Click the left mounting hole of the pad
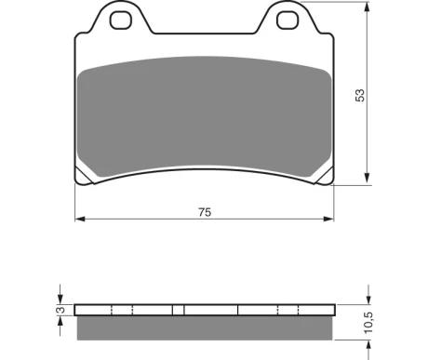coord(121,20)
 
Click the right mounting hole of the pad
coord(288,20)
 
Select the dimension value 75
coord(205,212)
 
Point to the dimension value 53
coord(360,95)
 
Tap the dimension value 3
coord(61,310)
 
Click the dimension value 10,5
coord(368,323)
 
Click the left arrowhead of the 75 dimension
coord(80,219)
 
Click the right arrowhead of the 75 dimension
coord(328,219)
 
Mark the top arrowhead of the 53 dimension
coord(368,7)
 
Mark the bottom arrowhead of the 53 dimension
coord(368,178)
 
